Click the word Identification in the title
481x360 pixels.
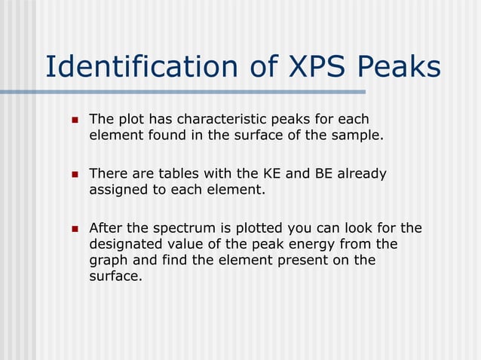pos(137,67)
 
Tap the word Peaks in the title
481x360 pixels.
pos(400,67)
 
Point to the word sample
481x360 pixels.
pos(357,136)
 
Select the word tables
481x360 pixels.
pos(171,174)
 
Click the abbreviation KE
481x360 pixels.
pos(272,174)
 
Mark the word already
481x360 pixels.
pos(361,174)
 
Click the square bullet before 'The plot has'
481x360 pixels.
pos(74,121)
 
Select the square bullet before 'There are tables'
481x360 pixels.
pos(74,175)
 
